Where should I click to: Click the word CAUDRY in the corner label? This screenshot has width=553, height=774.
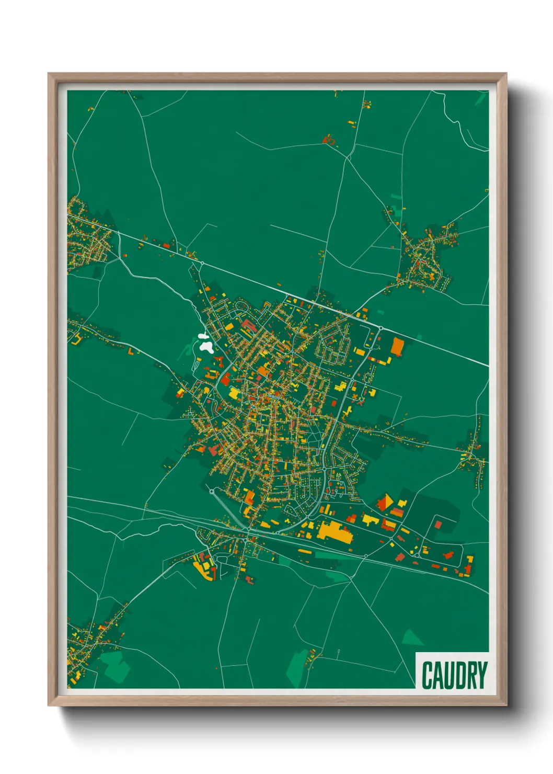click(x=454, y=675)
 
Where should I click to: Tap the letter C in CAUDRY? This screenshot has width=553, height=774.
click(x=427, y=675)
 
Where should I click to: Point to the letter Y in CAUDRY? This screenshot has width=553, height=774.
click(x=482, y=675)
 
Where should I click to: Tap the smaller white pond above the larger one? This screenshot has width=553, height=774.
click(x=202, y=337)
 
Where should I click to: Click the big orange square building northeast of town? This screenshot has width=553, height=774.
click(x=398, y=346)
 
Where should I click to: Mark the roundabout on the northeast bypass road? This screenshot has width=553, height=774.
click(x=381, y=328)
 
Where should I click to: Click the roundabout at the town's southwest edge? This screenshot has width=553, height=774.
click(x=212, y=492)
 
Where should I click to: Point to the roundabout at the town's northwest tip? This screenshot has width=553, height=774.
click(x=202, y=263)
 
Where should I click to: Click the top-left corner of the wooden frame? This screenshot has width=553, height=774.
click(x=49, y=74)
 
